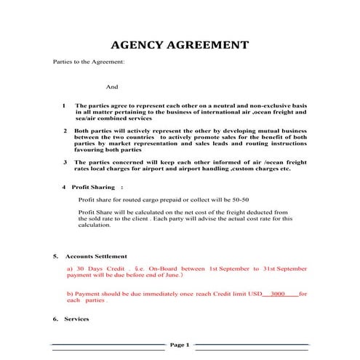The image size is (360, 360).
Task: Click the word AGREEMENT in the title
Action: coord(207,45)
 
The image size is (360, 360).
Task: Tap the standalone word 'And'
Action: coord(112,86)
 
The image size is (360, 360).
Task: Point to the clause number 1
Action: coord(64,105)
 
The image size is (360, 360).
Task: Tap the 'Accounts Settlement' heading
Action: coord(96,256)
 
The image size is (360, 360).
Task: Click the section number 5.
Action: coord(55,256)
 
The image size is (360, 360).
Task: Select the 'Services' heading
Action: coord(76,319)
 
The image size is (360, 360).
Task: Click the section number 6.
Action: coord(55,319)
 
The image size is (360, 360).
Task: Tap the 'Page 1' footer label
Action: coord(179,344)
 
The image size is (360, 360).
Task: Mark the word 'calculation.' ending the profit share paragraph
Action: coord(95,225)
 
